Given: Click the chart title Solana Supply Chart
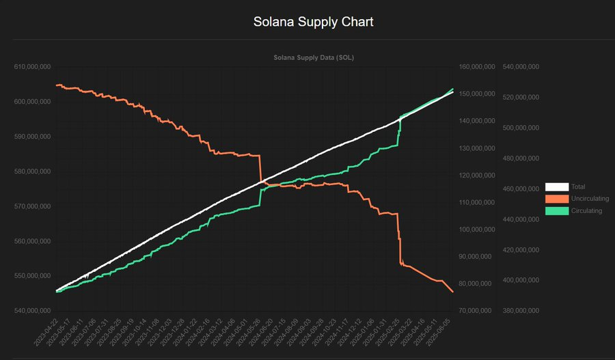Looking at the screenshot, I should click(314, 22).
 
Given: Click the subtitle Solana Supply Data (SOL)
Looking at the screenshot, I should click(313, 58).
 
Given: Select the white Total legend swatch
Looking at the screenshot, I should click(556, 186).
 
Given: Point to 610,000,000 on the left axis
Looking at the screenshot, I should click(33, 67).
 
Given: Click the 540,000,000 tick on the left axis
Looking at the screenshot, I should click(33, 311).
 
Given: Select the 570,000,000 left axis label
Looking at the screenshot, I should click(33, 206).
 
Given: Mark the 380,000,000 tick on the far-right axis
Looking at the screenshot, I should click(521, 311).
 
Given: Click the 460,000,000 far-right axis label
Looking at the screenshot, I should click(521, 189).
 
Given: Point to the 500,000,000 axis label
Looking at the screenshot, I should click(521, 128).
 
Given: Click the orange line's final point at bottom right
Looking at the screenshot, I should click(453, 292).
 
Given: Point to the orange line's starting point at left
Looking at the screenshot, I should click(57, 85).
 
